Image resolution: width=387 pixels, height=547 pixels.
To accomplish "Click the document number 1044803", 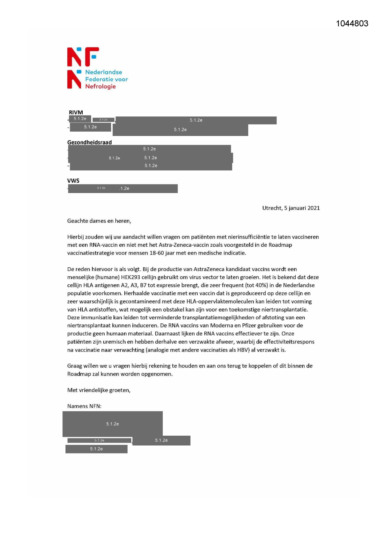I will [x=352, y=24].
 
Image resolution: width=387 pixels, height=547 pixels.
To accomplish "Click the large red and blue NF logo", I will [x=83, y=57].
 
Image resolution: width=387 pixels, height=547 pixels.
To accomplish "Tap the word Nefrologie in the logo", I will [x=100, y=86].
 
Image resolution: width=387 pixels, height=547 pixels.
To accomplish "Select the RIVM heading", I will [x=76, y=112].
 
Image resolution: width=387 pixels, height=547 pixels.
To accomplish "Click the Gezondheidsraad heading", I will [x=89, y=143].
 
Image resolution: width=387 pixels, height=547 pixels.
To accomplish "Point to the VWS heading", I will [x=73, y=181].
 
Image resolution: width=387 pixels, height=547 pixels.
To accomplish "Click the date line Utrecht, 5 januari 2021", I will [x=291, y=208].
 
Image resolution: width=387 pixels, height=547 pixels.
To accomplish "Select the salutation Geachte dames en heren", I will [x=99, y=221].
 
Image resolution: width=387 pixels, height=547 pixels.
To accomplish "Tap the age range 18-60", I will [x=158, y=253].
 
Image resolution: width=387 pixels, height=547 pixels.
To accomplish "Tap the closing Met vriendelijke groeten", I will [x=99, y=390].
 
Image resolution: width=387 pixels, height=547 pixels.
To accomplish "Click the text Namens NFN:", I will [x=84, y=406].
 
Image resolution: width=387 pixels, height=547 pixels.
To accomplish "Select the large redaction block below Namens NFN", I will [x=113, y=424].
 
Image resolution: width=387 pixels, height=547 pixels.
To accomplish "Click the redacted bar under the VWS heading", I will [x=123, y=188].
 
